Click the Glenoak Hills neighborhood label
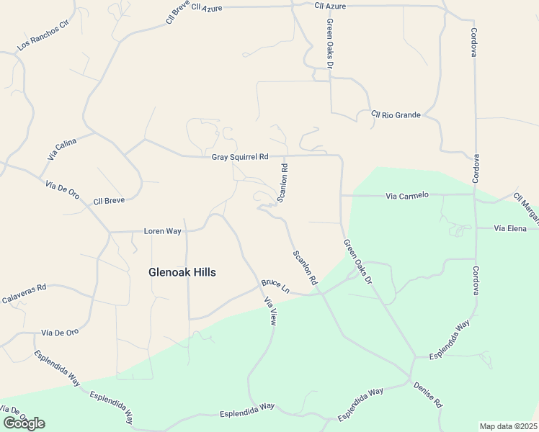[182, 272]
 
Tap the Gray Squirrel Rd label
[239, 157]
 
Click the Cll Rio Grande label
[396, 114]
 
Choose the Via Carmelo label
[407, 195]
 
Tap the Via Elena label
[511, 228]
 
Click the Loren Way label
[162, 231]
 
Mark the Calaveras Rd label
[24, 291]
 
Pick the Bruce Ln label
[275, 286]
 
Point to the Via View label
[270, 312]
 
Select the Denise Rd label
[428, 395]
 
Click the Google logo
[24, 423]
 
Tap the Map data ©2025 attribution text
[508, 426]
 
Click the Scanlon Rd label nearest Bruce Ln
[305, 267]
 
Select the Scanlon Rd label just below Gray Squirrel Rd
[284, 183]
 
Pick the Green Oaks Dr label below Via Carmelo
[357, 261]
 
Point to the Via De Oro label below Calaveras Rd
[60, 333]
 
